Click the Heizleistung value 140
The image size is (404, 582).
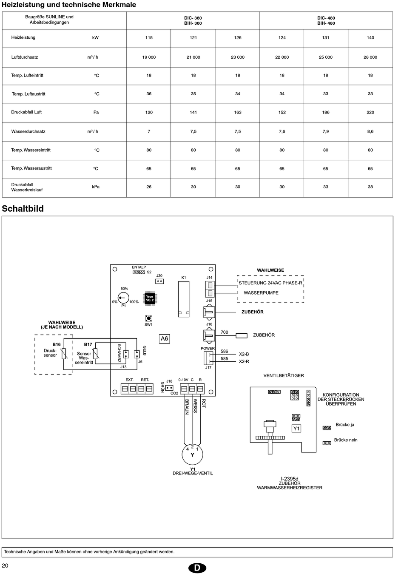coord(370,38)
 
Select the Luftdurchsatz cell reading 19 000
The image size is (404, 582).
coord(149,57)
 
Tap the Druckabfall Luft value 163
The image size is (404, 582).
coord(238,112)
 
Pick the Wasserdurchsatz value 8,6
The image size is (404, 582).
coord(370,131)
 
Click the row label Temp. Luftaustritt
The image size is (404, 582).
coord(28,94)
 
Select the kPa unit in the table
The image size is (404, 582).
coord(96,187)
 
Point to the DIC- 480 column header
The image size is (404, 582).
coord(326,18)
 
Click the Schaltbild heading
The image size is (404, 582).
coord(23,208)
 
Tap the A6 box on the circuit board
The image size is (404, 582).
coord(164,338)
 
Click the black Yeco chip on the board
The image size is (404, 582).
coord(150,298)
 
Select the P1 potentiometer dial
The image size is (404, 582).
coord(123,298)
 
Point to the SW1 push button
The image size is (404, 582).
coord(148,318)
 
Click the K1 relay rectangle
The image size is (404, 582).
coord(184,299)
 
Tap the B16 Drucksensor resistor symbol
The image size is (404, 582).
coord(64,354)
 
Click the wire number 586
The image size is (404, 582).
coord(225,351)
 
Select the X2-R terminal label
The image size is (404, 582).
coord(244,361)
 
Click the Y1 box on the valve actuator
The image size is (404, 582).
coord(296,429)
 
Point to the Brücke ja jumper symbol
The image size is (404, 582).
coord(327,428)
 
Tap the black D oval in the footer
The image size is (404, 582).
coord(197,568)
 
